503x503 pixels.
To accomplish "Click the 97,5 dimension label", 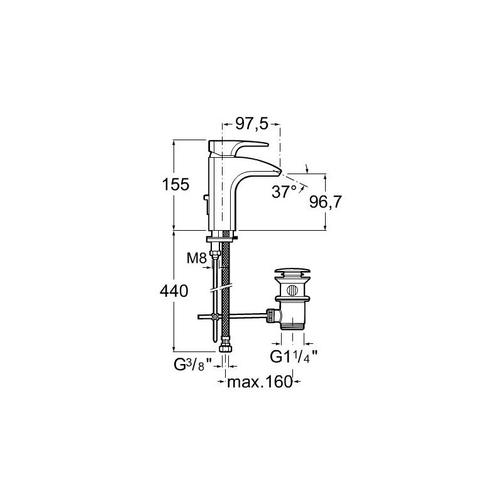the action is pyautogui.click(x=252, y=123).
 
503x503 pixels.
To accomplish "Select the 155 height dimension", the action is pyautogui.click(x=176, y=185).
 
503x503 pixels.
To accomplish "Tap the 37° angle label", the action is pyautogui.click(x=284, y=192).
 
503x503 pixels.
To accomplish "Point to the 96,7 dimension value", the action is pyautogui.click(x=326, y=202).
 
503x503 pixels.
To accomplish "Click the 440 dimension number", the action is pyautogui.click(x=174, y=291).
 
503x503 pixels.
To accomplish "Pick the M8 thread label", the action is pyautogui.click(x=197, y=258).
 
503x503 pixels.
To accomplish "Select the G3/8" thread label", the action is pyautogui.click(x=193, y=365).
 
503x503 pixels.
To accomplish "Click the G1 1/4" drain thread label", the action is pyautogui.click(x=294, y=357).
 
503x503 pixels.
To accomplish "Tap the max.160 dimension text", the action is pyautogui.click(x=260, y=382).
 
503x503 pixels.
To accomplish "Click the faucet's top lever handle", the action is pyautogui.click(x=238, y=147).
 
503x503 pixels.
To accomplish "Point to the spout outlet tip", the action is pyautogui.click(x=279, y=172).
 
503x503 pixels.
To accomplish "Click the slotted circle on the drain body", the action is pyautogui.click(x=292, y=290).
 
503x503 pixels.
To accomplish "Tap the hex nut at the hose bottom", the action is pyautogui.click(x=225, y=348).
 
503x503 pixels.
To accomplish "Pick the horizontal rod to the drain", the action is pyautogui.click(x=233, y=317).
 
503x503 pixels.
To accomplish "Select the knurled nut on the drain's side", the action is pyautogui.click(x=272, y=316).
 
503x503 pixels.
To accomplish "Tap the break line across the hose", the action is pyautogui.click(x=221, y=287).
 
